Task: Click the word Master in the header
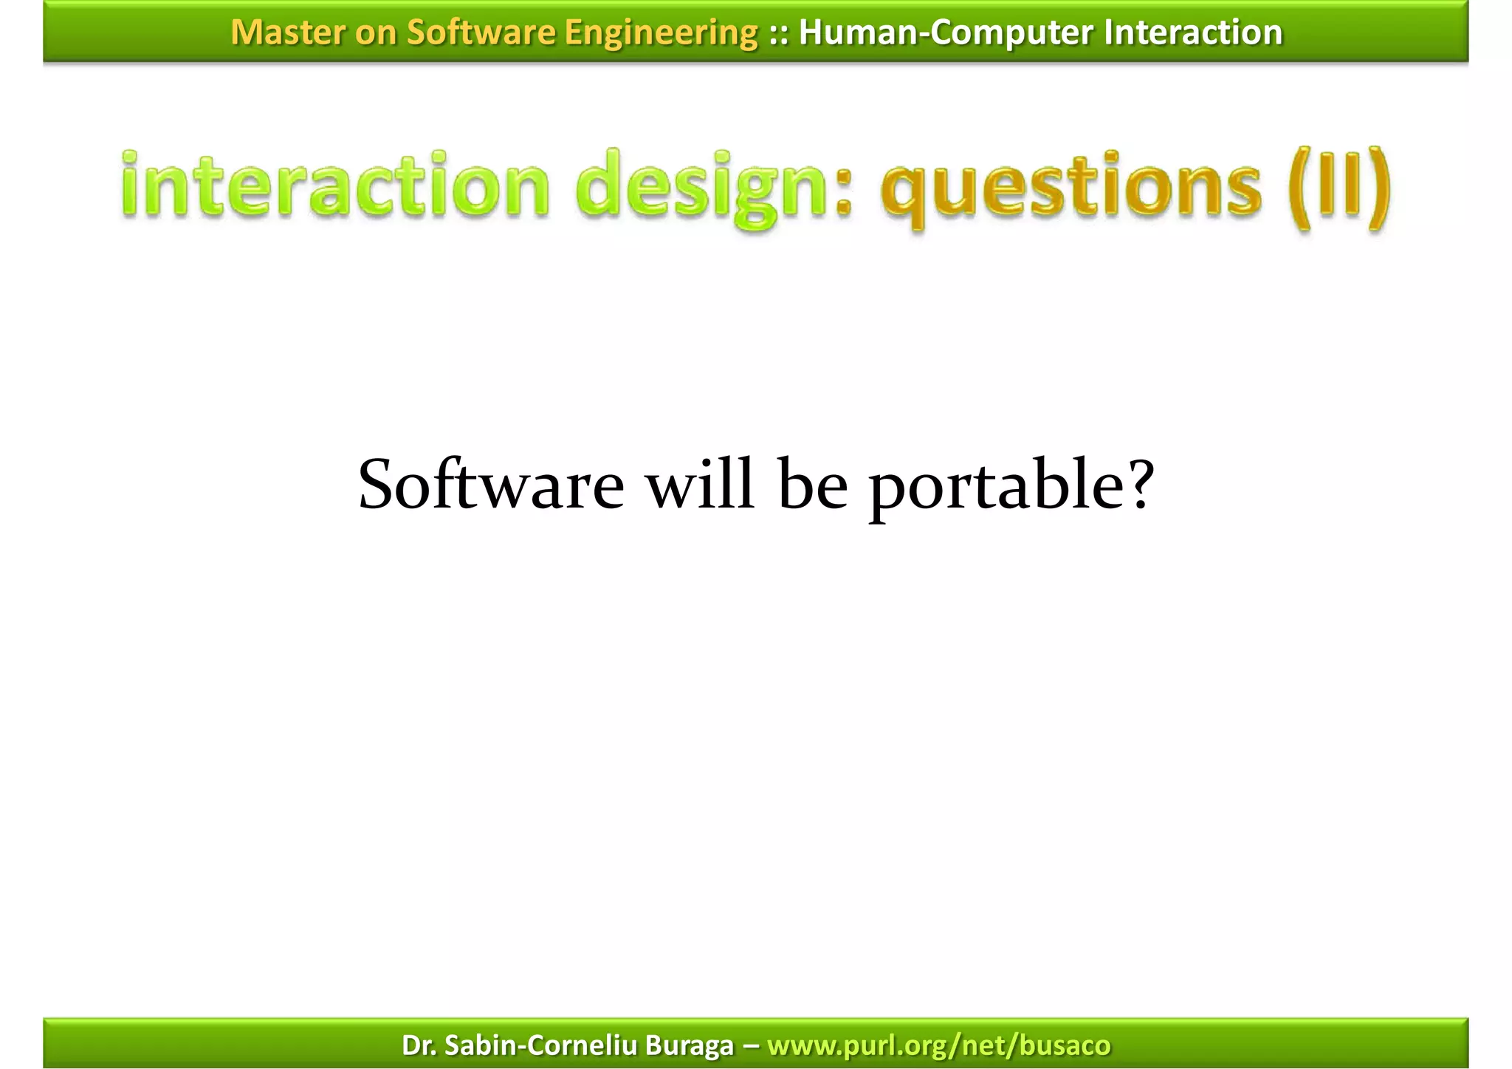pyautogui.click(x=288, y=33)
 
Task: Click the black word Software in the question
pyautogui.click(x=491, y=485)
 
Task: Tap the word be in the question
pyautogui.click(x=812, y=485)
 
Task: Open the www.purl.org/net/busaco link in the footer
pyautogui.click(x=938, y=1045)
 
